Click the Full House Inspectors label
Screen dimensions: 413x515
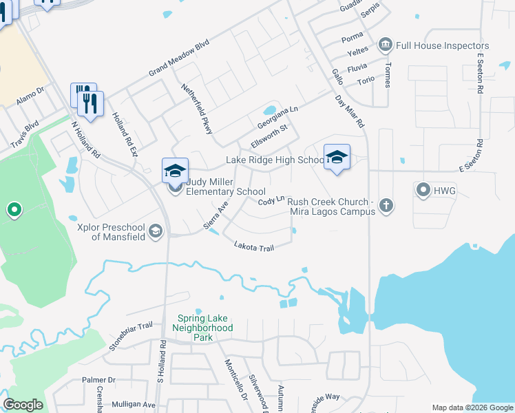pos(432,45)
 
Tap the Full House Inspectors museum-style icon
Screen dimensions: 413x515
pos(385,45)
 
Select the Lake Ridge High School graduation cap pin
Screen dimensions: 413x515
pos(337,157)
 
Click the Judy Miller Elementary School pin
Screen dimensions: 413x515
pos(175,170)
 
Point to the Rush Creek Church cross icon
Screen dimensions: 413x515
pos(387,204)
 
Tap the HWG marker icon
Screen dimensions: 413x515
pos(423,189)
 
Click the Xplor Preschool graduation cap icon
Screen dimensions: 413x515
pos(156,231)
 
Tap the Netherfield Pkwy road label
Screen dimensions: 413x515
pos(196,109)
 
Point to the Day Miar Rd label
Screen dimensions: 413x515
pos(349,111)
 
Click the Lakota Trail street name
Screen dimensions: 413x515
pos(253,246)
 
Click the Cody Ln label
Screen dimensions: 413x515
pos(271,200)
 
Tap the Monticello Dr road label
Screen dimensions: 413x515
pos(235,381)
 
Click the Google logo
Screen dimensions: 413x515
pos(23,405)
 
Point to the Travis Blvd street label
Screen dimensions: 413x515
pos(23,136)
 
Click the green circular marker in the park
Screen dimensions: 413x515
pos(13,209)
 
